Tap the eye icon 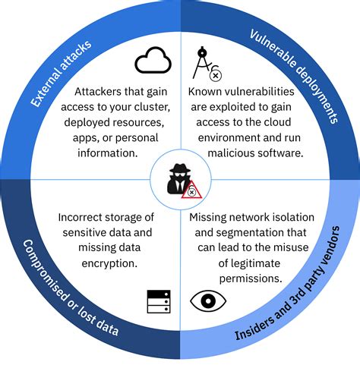207,300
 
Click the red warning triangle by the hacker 191,190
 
